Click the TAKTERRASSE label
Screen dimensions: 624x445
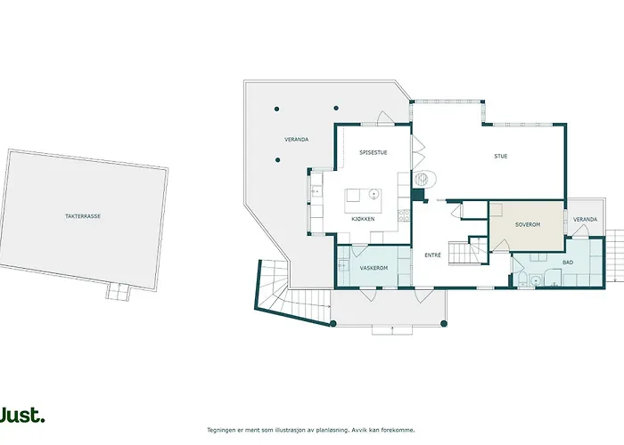tap(83, 216)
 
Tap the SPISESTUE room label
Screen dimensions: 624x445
tap(373, 152)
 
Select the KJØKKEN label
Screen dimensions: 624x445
tap(363, 219)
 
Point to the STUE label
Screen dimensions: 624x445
tap(501, 156)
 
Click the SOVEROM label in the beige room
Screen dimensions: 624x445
tap(528, 224)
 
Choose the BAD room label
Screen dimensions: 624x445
tap(568, 263)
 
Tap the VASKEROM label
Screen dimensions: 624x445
tap(374, 268)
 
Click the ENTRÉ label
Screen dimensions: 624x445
tap(432, 255)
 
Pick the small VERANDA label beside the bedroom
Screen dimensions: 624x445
tap(585, 219)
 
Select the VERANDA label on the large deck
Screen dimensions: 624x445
tap(297, 140)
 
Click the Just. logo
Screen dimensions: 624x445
tap(22, 416)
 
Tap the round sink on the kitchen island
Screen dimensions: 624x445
tap(374, 194)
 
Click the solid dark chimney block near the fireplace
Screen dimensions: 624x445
tap(417, 195)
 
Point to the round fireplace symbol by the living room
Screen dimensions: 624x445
tap(424, 179)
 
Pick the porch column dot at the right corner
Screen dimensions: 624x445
tap(444, 323)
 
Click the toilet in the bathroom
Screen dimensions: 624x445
tap(522, 278)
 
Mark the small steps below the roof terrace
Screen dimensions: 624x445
tap(118, 291)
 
